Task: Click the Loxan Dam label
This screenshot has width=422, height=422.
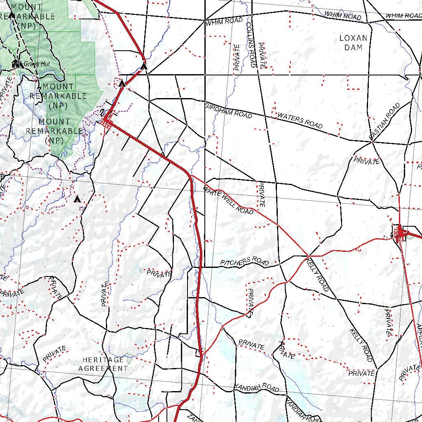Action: coord(353,43)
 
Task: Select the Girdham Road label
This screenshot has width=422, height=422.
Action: coord(228,111)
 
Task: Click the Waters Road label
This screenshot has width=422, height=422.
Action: coord(300,120)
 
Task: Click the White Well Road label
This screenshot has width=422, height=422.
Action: coord(228,200)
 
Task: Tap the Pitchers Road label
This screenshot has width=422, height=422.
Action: coord(244,262)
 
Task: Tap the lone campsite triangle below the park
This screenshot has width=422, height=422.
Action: coord(77,199)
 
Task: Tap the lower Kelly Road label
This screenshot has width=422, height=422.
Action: coord(361,345)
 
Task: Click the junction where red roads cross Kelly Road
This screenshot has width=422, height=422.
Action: coord(308,256)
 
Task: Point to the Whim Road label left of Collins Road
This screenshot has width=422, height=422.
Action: coord(225,21)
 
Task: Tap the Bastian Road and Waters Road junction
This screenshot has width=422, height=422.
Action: coord(372,141)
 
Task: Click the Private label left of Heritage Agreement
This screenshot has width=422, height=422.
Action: coord(54,354)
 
